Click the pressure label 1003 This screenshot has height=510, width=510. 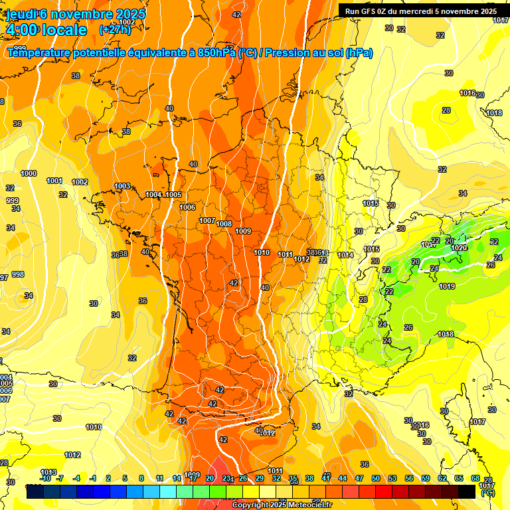point(122,187)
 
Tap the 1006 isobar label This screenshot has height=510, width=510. point(187,207)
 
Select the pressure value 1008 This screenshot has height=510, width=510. point(224,224)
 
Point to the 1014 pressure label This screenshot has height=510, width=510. point(345,255)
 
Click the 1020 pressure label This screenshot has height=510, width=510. point(459,248)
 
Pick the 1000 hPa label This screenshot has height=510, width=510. point(29,173)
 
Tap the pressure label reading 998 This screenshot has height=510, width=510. point(17,274)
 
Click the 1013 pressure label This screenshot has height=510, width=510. point(48,472)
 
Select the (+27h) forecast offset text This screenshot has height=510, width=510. point(115,30)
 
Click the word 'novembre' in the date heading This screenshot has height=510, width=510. point(83,14)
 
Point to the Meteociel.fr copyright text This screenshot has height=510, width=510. point(282,505)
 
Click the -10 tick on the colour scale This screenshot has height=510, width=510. point(45,478)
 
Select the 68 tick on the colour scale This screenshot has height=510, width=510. point(475,478)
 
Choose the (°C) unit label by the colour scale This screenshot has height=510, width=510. point(487,493)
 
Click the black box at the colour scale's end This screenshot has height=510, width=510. point(467,491)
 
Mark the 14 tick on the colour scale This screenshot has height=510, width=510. point(177,478)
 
